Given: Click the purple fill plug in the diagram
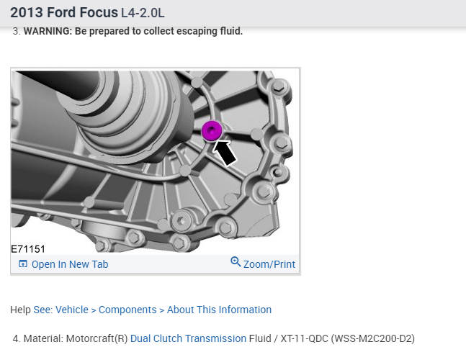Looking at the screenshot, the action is click(212, 131).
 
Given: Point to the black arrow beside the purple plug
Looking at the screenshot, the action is click(225, 153).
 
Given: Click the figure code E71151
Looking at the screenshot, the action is click(28, 249).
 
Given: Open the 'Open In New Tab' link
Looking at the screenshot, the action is click(70, 264).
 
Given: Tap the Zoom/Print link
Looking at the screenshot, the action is click(269, 264).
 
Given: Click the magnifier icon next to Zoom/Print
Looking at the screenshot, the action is click(236, 261).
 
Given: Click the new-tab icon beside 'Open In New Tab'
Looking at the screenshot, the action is click(23, 264).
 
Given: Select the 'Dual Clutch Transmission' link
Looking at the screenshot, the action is click(188, 338).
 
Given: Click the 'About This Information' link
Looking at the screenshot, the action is click(219, 310).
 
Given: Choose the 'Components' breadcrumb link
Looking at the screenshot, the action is click(127, 310).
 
